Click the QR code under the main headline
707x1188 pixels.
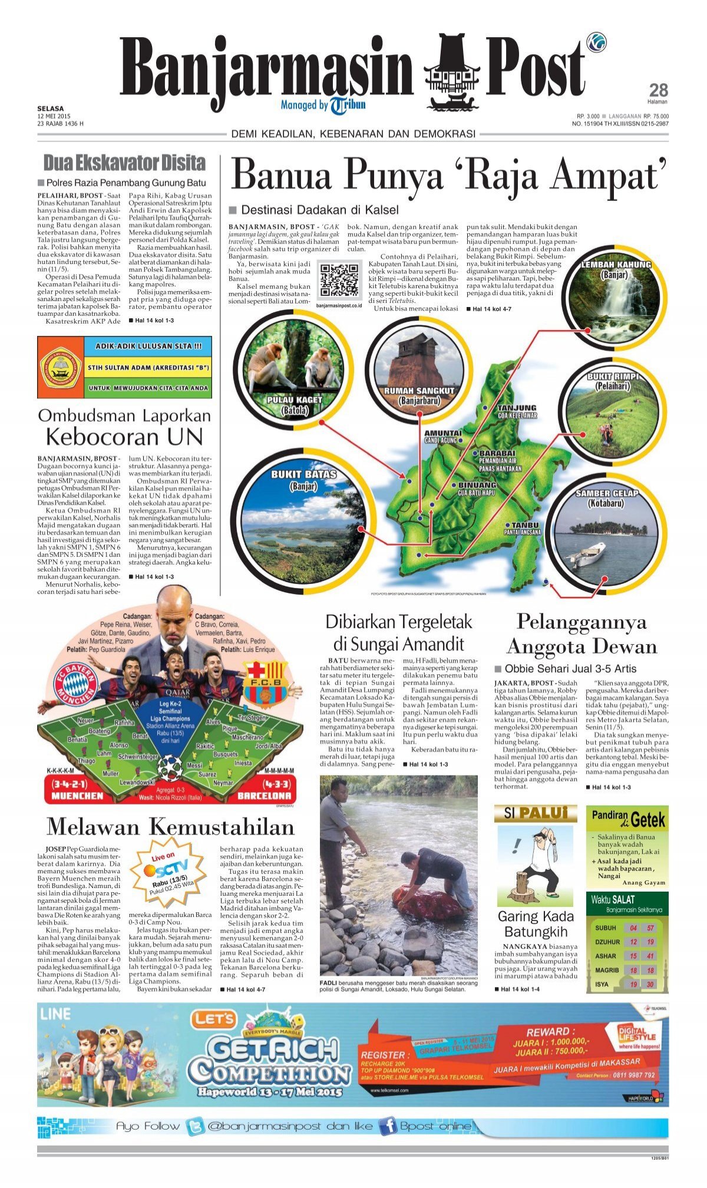339,280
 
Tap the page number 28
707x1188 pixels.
658,90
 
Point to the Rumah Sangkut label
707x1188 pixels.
419,395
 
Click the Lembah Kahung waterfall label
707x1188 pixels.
616,269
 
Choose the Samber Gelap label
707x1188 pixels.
607,498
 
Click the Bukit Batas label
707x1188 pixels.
303,480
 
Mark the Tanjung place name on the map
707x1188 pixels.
517,408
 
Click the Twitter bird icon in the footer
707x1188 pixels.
195,1126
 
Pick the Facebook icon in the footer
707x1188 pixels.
387,1126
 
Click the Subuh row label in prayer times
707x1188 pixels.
605,928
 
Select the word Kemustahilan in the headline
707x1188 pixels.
222,826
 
